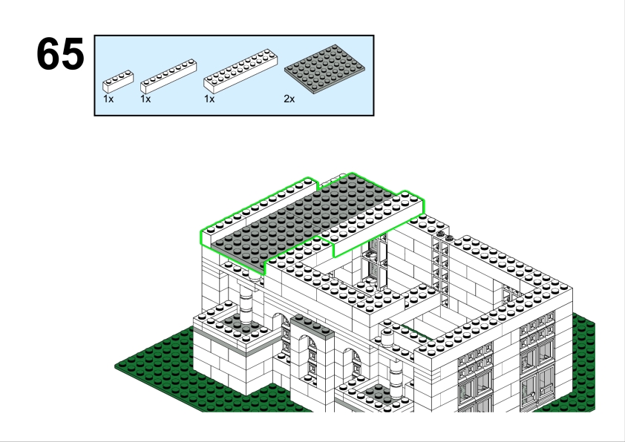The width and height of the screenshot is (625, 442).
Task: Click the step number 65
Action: (60, 54)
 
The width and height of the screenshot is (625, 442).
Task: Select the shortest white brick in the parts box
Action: (118, 82)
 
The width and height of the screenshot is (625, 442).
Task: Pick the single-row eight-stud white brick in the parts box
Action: (168, 76)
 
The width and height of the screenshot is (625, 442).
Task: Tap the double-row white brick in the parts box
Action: (240, 71)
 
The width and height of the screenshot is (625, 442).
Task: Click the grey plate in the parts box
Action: (324, 68)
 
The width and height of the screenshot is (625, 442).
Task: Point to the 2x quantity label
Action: (289, 99)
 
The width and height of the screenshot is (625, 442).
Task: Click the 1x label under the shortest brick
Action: (108, 99)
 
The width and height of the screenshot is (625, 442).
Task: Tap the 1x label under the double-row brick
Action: (209, 99)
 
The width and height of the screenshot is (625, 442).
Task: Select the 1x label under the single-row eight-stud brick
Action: (145, 99)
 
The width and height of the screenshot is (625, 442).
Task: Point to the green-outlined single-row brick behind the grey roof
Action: (259, 210)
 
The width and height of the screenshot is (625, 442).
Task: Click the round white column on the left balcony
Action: (246, 304)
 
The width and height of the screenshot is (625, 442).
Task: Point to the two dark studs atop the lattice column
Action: (445, 236)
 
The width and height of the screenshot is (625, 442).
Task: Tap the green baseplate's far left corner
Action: (116, 366)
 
